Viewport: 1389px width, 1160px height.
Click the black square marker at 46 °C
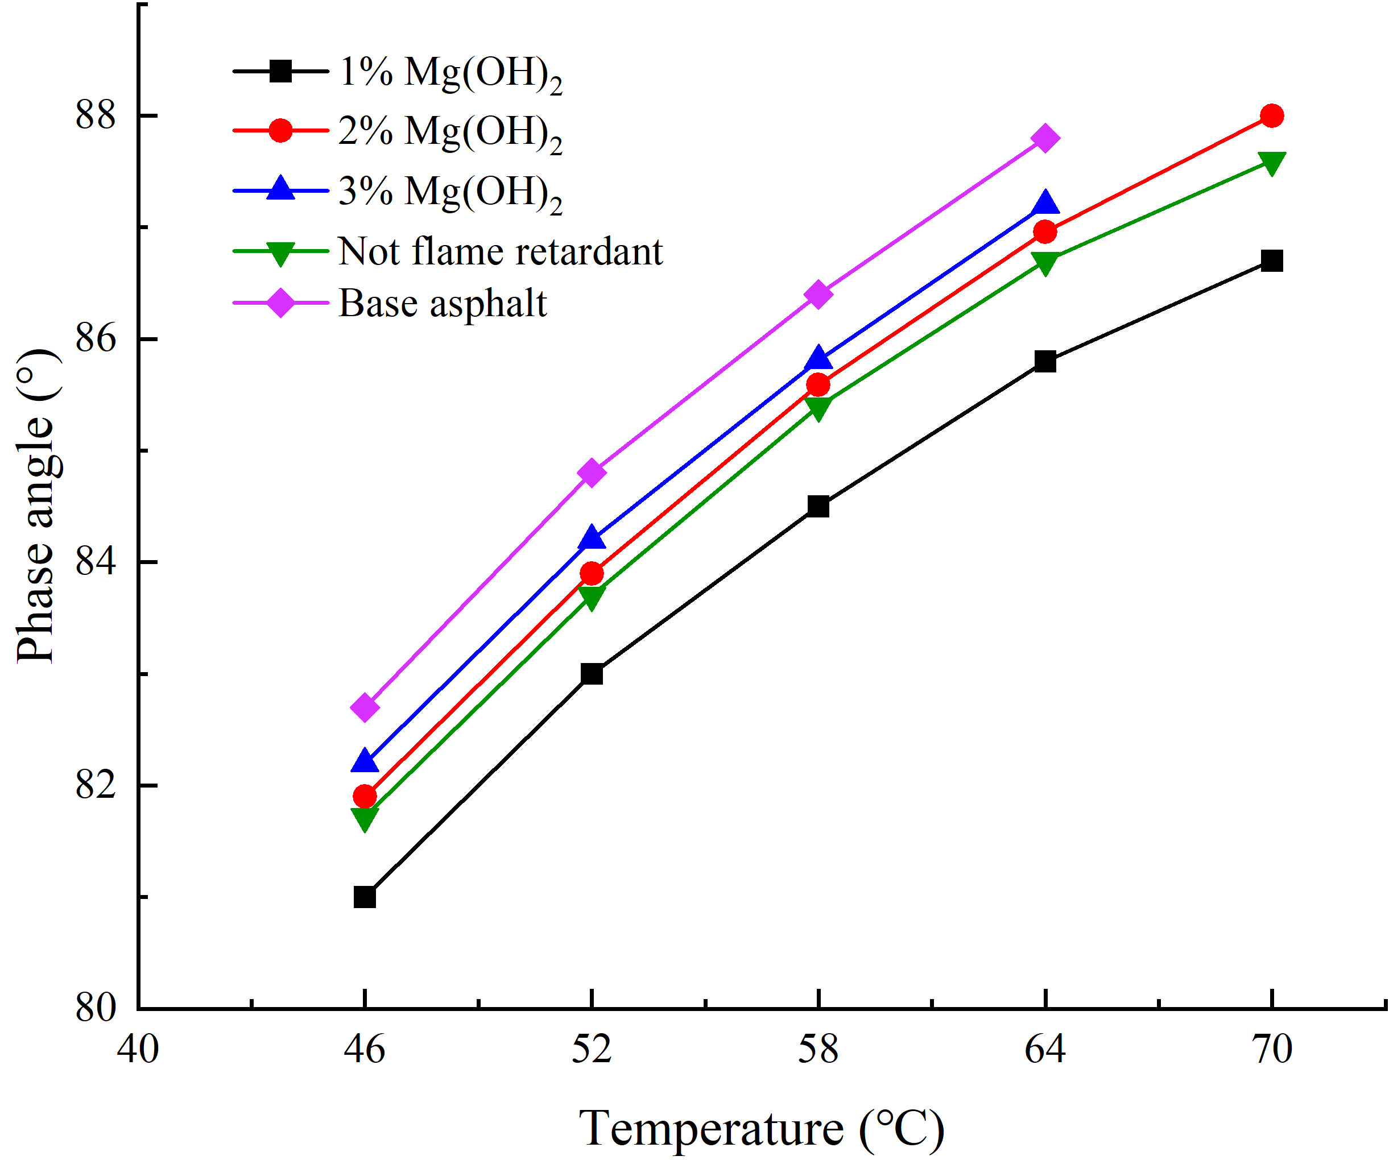(x=365, y=897)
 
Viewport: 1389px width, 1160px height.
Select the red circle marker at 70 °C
(x=1271, y=116)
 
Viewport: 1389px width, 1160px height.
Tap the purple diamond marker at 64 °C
(x=1045, y=138)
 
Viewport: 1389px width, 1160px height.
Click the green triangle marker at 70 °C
(x=1271, y=162)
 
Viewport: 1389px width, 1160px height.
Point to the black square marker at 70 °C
(x=1271, y=260)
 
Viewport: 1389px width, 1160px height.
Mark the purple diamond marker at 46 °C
(x=365, y=707)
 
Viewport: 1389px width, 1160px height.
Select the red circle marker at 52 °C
(x=592, y=573)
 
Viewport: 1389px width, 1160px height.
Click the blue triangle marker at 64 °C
(x=1045, y=203)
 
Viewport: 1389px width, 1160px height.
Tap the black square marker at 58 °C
(x=818, y=507)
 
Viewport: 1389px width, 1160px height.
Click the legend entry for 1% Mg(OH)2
(x=450, y=72)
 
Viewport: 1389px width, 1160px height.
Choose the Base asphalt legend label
(x=443, y=304)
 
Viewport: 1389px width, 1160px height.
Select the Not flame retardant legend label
(x=500, y=251)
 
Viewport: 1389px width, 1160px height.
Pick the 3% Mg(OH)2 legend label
(x=450, y=192)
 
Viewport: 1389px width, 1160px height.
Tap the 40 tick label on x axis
(x=138, y=1050)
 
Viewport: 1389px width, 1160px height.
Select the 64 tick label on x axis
(x=1045, y=1050)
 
